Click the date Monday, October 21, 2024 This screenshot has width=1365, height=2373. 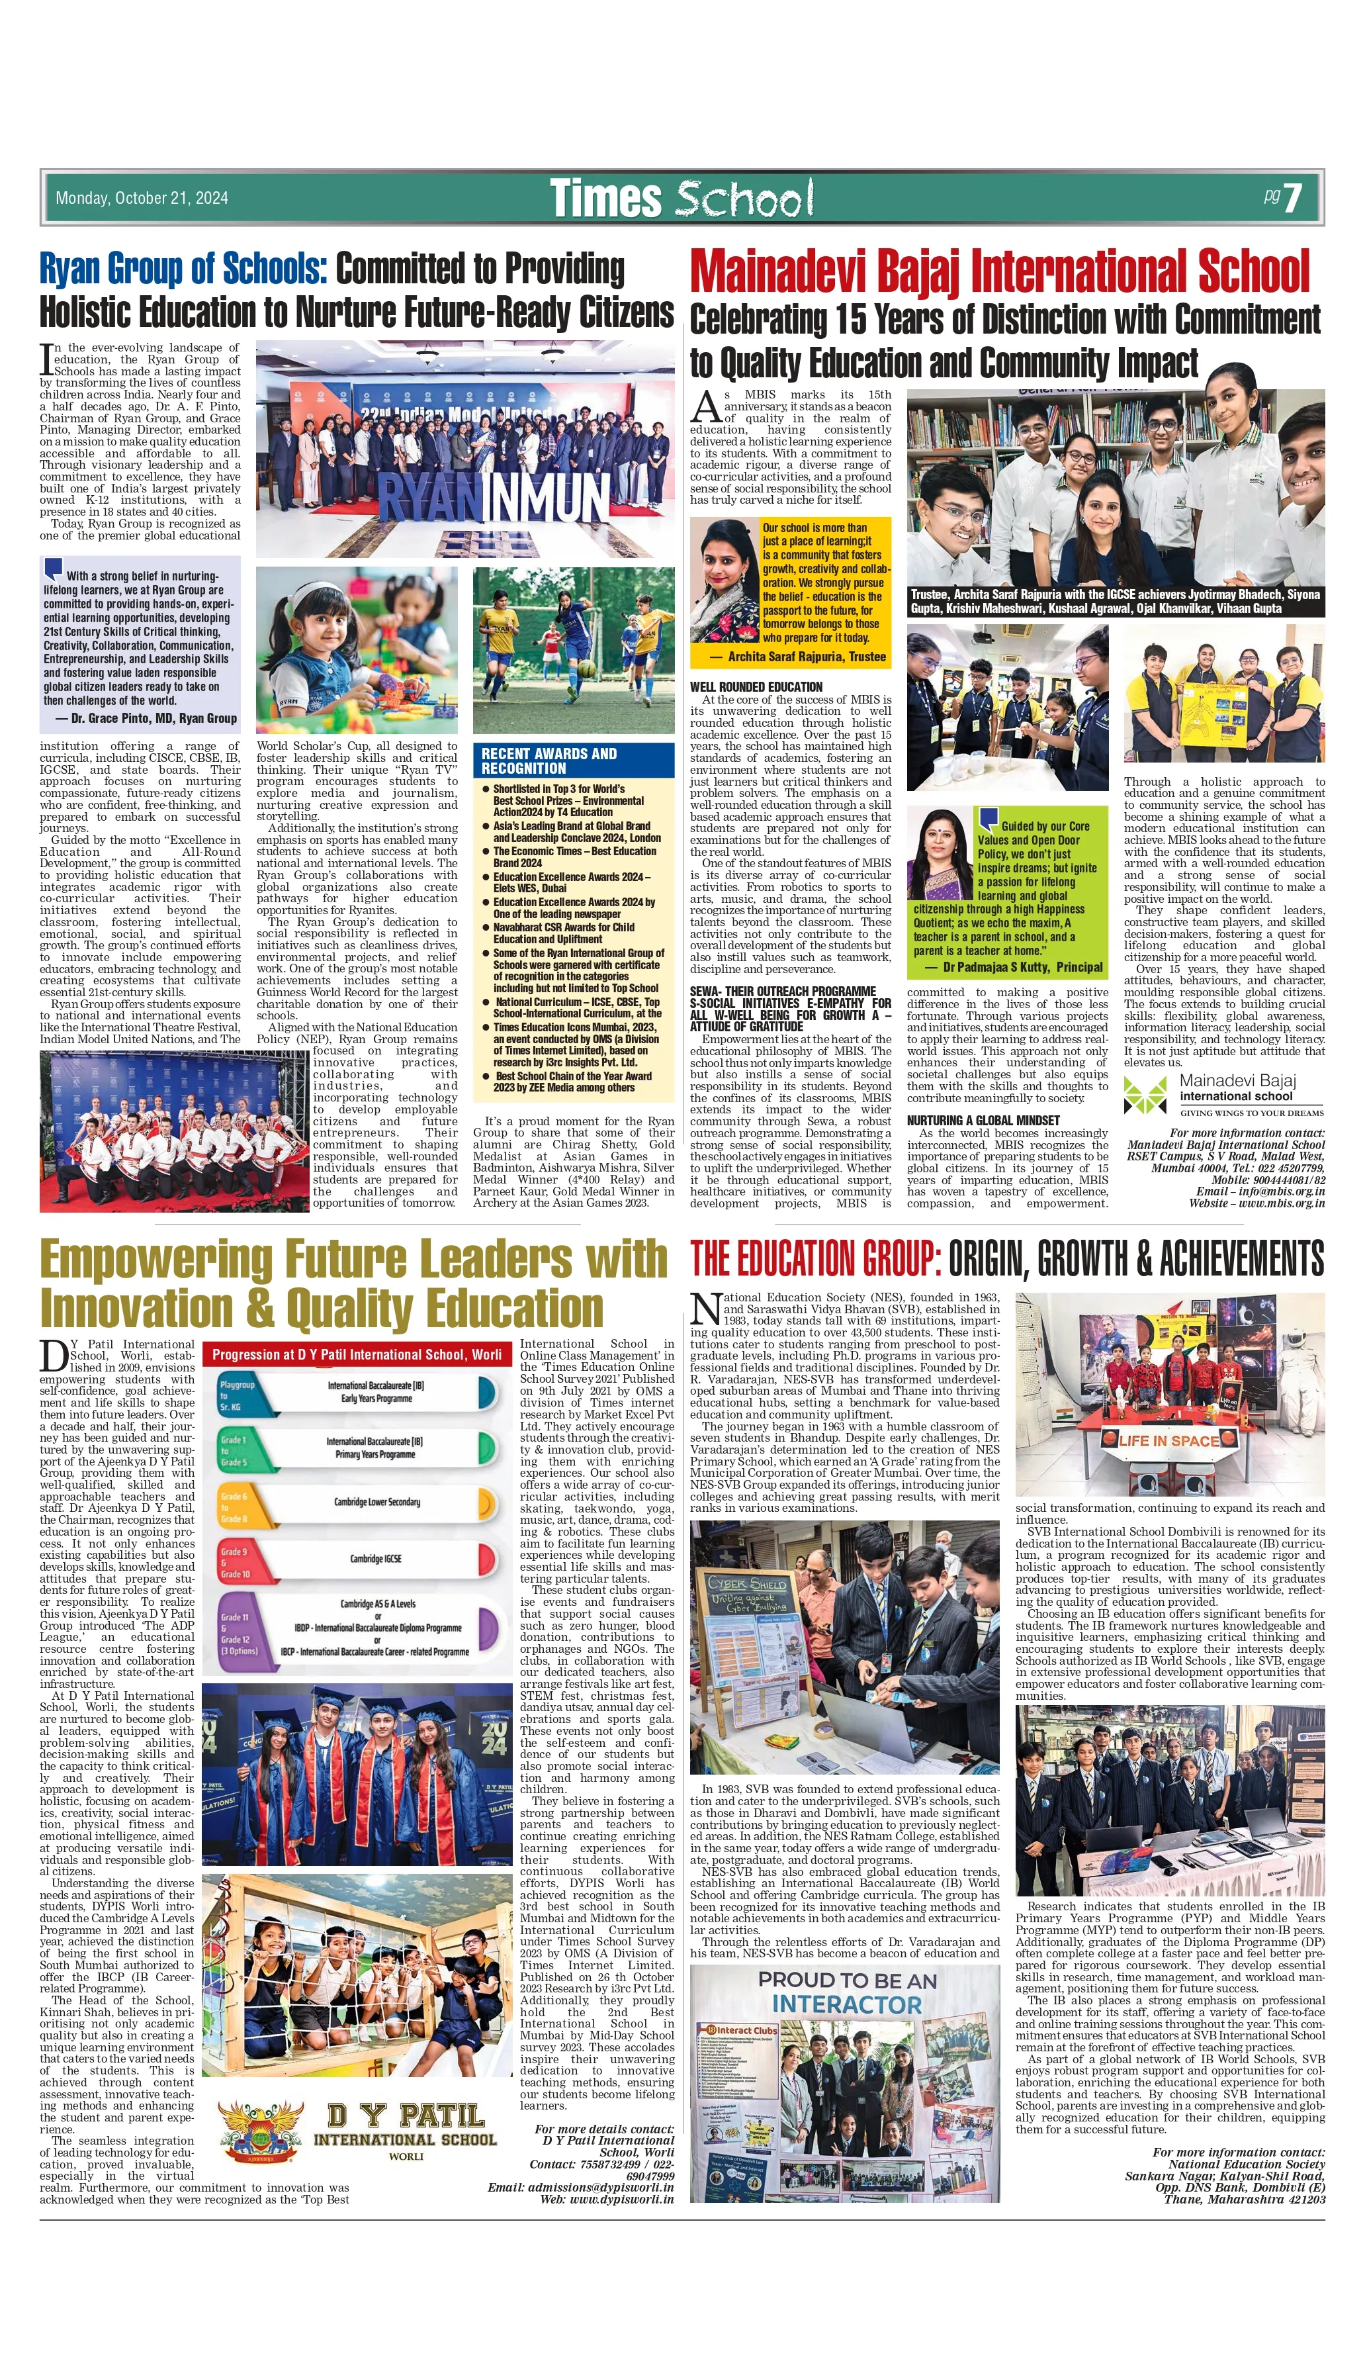(142, 198)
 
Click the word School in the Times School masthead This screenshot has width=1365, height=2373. (744, 199)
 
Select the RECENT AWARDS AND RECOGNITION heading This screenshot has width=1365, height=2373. (549, 761)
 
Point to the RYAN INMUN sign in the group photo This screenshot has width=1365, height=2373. (493, 497)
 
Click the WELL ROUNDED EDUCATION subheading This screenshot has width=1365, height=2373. (756, 687)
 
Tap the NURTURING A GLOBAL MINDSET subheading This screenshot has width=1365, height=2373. (983, 1121)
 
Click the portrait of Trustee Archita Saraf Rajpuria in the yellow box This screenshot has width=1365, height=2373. (724, 581)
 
